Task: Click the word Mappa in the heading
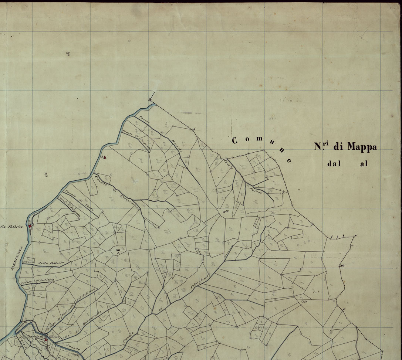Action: (362, 147)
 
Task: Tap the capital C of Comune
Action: (234, 140)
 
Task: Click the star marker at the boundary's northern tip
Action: (150, 99)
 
